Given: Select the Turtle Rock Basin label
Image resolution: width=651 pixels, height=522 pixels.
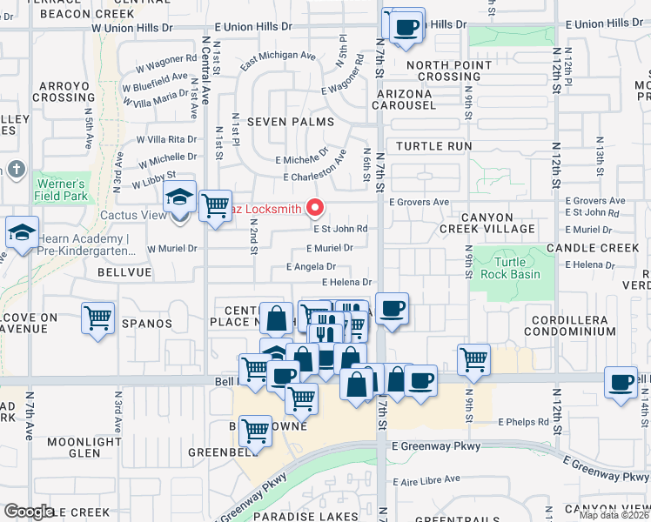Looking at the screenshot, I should point(517,268).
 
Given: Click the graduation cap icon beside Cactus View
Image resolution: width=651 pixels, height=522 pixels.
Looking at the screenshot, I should point(179,199).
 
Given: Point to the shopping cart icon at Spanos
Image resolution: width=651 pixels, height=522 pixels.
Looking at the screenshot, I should point(98,318).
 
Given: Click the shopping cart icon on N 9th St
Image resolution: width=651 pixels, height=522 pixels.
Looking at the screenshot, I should point(473,358).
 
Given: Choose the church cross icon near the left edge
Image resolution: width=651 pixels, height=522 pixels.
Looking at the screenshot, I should point(16,169).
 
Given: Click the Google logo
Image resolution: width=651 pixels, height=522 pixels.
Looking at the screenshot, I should point(29,512).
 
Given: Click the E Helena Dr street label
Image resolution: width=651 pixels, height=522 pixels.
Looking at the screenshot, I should point(346,282).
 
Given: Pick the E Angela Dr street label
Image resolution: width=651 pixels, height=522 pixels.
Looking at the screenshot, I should point(311,267).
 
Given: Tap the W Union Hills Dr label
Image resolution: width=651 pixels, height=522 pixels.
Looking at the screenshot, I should point(131,28).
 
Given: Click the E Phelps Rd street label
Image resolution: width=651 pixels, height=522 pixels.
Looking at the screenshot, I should point(524,422).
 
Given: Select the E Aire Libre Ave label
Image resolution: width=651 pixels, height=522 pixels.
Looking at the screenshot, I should point(426,478).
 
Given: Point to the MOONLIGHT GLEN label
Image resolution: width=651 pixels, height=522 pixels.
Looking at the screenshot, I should point(84,447).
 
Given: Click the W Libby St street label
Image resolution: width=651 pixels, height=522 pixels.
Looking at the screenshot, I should point(153,180).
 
